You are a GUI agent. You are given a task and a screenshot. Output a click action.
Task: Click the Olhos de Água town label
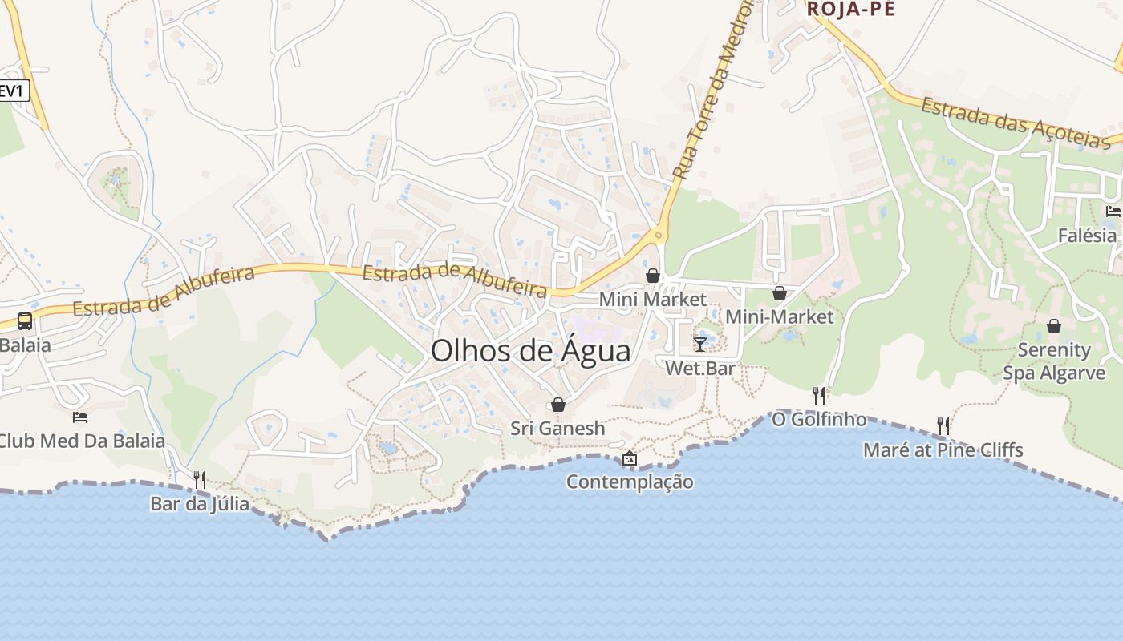click(530, 350)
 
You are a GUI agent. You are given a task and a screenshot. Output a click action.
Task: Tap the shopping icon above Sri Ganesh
click(558, 405)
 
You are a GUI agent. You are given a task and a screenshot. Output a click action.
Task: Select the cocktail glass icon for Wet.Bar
click(700, 344)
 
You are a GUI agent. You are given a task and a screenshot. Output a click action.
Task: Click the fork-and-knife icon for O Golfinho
click(819, 395)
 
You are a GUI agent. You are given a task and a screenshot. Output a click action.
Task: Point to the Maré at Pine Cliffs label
click(943, 450)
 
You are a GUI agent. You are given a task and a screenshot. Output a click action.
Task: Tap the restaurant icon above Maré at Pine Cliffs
click(943, 425)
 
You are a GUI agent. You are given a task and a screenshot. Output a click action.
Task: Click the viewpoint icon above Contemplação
click(630, 458)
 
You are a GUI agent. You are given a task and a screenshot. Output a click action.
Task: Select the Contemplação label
click(630, 482)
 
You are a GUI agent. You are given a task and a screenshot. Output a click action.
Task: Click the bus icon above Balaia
click(25, 321)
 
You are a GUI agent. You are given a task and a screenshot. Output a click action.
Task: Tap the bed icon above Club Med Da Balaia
click(80, 417)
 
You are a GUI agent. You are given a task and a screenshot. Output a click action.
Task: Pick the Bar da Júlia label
click(200, 505)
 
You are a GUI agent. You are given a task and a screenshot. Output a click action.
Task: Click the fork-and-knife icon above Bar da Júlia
click(200, 480)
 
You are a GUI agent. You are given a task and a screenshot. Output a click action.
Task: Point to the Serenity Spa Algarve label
click(1054, 361)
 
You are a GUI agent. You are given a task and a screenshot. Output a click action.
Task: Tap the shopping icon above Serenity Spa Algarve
click(1054, 326)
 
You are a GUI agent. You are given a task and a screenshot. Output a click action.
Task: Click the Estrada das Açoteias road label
click(1016, 123)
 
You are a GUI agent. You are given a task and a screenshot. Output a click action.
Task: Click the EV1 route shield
click(13, 91)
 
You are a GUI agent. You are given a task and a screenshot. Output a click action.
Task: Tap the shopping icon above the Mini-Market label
click(779, 293)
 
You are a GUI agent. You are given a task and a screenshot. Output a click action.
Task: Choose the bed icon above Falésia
click(1113, 212)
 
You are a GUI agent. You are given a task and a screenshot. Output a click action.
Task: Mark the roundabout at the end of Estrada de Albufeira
click(659, 236)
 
